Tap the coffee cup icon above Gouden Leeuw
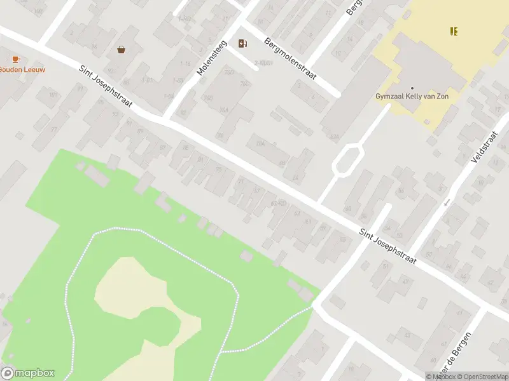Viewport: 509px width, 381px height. pos(15,58)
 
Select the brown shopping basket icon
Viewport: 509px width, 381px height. pos(121,49)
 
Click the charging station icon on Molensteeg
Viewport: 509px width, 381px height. pos(242,43)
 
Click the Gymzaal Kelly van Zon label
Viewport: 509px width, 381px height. pos(412,97)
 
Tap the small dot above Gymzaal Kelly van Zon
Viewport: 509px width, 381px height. pos(412,88)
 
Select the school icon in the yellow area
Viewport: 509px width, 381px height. pos(454,30)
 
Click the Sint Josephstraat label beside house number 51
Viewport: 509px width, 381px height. pos(387,247)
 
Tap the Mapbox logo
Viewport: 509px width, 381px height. pos(27,373)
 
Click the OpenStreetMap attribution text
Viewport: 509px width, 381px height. pos(481,377)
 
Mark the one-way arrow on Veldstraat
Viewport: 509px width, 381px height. pos(446,202)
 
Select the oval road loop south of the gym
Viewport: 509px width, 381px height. pos(347,159)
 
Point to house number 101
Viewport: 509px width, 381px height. pos(53,96)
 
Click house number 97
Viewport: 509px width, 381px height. pos(54,130)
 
